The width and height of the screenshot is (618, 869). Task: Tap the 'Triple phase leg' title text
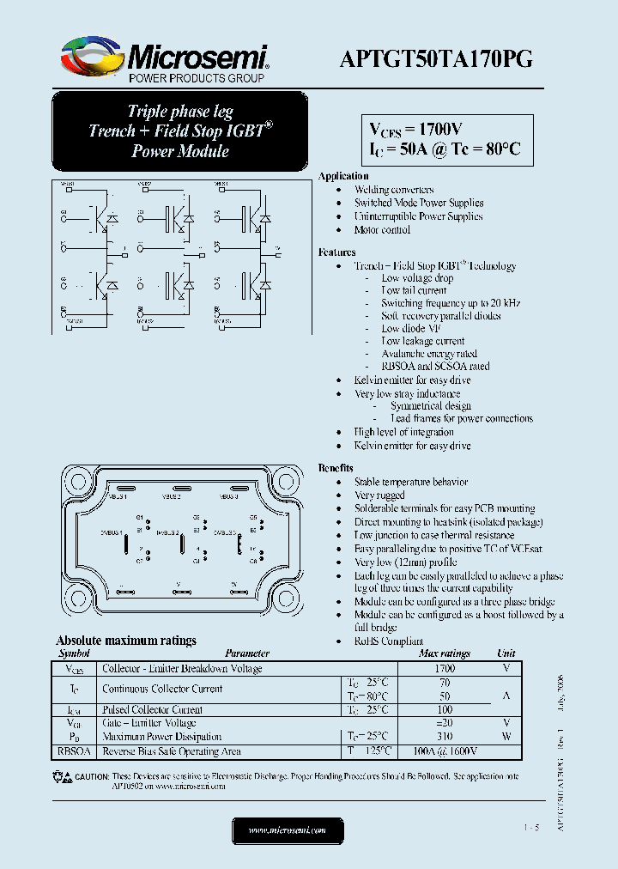[180, 112]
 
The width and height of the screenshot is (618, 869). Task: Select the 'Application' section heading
[343, 176]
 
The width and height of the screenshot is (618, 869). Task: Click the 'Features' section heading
[336, 252]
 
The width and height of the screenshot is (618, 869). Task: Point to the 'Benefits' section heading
[336, 468]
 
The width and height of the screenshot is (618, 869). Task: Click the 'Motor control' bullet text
[382, 230]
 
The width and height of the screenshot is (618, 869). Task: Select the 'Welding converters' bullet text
[394, 190]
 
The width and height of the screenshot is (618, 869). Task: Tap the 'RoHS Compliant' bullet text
[389, 641]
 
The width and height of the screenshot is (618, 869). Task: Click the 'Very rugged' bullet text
[379, 495]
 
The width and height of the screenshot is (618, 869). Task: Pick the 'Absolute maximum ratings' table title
[126, 641]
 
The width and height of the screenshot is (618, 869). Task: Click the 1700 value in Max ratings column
[445, 668]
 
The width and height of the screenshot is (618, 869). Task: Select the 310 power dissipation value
[445, 737]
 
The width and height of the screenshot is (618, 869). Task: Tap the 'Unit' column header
[506, 653]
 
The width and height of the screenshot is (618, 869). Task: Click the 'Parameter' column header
[247, 653]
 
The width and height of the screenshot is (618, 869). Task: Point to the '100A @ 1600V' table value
[445, 751]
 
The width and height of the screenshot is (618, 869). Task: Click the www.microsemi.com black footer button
[288, 830]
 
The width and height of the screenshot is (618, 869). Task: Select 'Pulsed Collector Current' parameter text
[153, 710]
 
